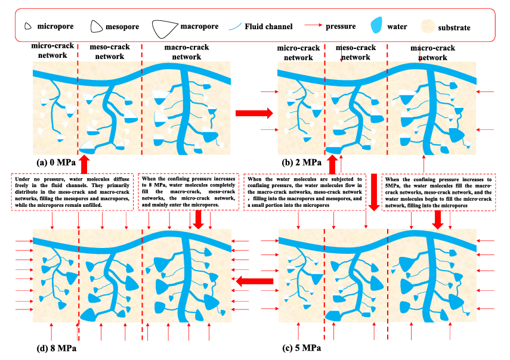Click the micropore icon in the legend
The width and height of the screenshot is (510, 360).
(x=28, y=26)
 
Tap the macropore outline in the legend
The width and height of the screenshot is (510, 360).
(x=165, y=27)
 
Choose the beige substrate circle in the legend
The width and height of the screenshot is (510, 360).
(x=428, y=27)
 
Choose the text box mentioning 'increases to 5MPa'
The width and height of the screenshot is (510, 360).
(x=438, y=191)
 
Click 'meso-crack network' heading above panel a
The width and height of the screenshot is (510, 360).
(x=107, y=52)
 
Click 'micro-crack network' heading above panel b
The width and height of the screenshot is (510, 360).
(x=298, y=53)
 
